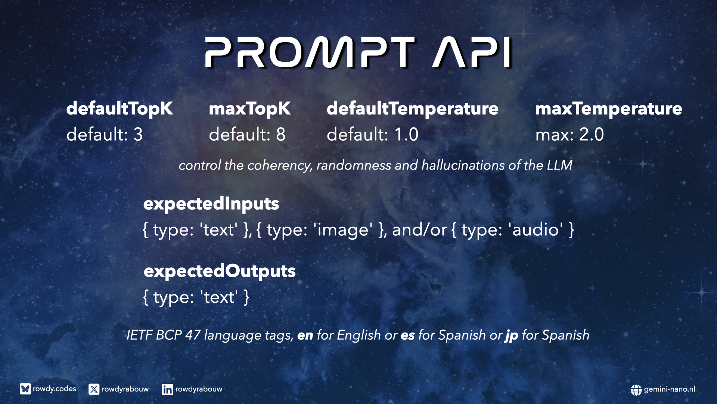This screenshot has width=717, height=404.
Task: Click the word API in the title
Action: click(472, 52)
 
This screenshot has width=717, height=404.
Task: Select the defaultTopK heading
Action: click(119, 109)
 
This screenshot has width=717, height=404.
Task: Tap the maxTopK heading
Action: click(249, 109)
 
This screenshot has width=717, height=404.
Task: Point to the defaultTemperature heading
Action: click(412, 109)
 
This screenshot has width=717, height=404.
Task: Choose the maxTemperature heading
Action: click(609, 109)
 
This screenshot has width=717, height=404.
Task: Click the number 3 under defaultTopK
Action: click(138, 135)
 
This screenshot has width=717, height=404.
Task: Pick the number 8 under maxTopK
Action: click(281, 135)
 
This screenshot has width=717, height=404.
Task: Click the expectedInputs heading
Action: click(211, 204)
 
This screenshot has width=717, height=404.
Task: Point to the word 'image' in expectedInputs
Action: click(343, 230)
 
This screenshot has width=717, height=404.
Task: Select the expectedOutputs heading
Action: click(220, 272)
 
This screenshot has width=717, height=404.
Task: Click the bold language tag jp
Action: click(512, 336)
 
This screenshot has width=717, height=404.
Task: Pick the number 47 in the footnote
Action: click(193, 335)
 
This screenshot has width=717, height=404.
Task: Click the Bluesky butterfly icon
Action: click(25, 389)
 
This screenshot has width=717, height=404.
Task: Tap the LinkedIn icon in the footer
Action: click(167, 389)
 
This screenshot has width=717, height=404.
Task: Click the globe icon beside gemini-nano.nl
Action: click(636, 390)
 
